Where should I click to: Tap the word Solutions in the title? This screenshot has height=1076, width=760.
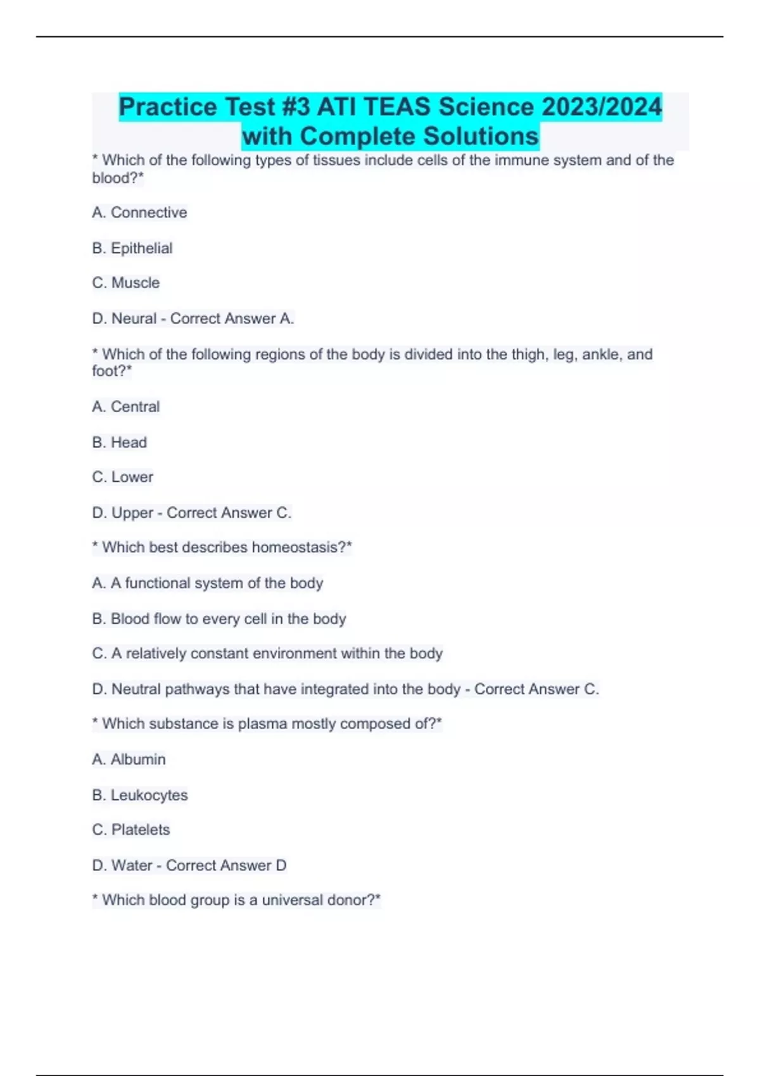481,136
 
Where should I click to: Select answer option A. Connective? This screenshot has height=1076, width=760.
139,213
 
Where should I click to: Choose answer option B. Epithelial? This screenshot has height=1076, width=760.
132,248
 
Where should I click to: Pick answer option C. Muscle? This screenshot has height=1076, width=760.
126,283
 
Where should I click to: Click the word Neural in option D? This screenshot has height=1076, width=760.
134,318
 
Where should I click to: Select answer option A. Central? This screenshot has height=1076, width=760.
126,406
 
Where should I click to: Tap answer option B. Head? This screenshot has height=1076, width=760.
120,442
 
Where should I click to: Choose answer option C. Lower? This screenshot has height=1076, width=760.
123,477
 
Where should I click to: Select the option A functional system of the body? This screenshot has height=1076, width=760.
208,583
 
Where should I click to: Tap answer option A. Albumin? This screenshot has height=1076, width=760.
129,760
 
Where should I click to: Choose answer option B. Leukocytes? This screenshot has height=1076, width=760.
140,795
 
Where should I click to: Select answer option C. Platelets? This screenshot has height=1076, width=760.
131,830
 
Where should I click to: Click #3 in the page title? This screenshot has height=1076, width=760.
294,106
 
